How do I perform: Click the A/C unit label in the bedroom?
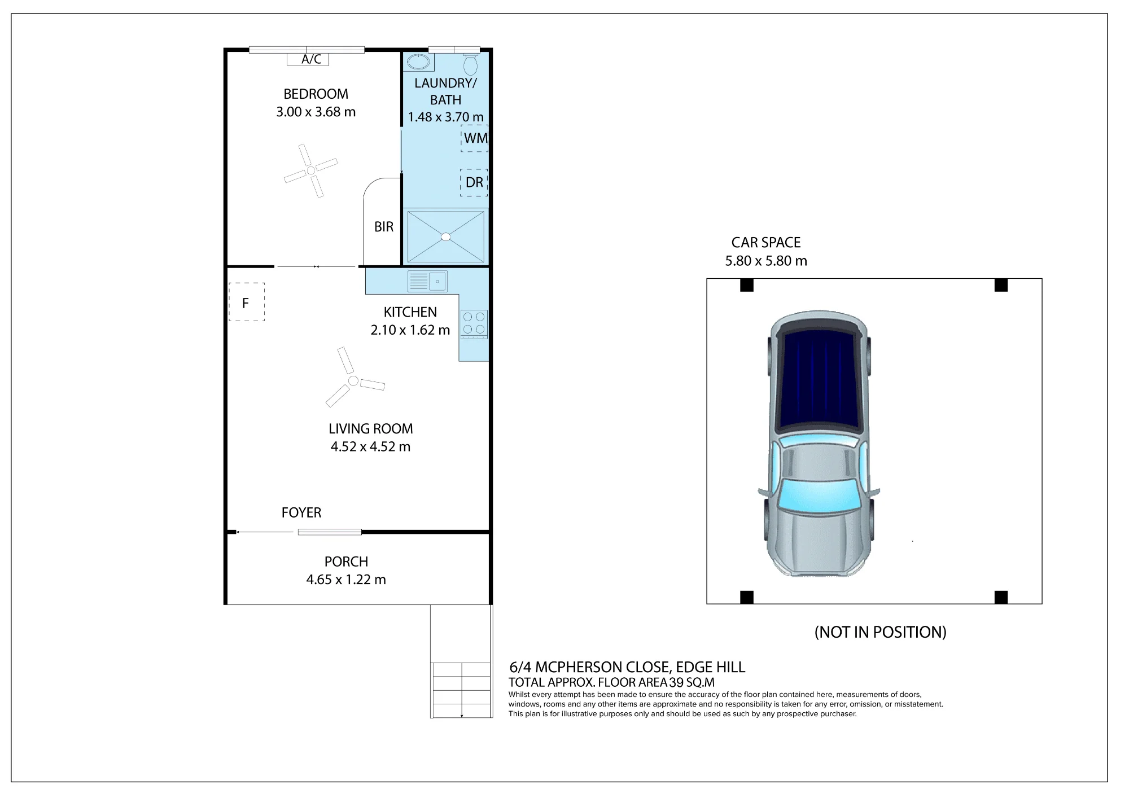point(312,59)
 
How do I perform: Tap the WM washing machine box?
point(474,138)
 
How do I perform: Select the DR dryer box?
point(474,182)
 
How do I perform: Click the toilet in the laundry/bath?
point(470,64)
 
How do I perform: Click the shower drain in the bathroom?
point(446,237)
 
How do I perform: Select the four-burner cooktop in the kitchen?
point(474,324)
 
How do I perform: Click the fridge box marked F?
point(247,302)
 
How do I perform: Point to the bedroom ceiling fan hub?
point(310,170)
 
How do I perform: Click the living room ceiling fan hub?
point(353,381)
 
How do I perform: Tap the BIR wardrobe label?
point(384,227)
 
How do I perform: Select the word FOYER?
point(301,512)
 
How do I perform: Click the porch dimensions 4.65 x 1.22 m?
point(346,580)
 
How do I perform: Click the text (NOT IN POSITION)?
point(880,632)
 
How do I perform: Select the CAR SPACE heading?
point(766,243)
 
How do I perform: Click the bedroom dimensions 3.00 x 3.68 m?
point(316,112)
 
